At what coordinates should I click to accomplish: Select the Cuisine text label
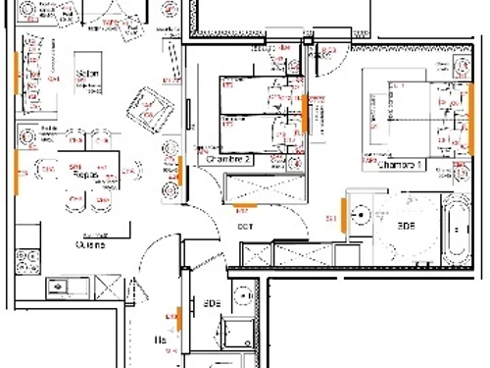point(90,246)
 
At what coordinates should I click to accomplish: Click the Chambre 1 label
point(401,165)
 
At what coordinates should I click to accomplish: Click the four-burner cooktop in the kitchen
point(26,261)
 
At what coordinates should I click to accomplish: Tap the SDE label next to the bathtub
point(405,225)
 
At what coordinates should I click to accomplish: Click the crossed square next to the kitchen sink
point(109,288)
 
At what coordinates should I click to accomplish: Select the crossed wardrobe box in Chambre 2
point(263,185)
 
